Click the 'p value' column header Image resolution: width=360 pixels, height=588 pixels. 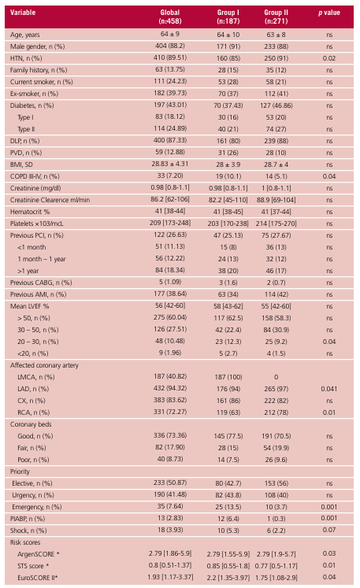tap(328, 13)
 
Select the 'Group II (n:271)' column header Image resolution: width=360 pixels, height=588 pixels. tap(276, 17)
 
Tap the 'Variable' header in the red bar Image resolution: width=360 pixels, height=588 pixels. tap(23, 13)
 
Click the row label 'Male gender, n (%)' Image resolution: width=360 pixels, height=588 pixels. tap(37, 46)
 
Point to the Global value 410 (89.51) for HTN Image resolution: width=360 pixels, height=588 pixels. tap(170, 57)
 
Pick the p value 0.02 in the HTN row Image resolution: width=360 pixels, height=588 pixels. tap(329, 58)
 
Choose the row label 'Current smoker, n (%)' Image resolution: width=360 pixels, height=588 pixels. tap(41, 82)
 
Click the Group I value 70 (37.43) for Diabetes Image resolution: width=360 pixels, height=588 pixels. tap(228, 105)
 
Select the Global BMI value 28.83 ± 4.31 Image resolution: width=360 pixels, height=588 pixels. tap(170, 164)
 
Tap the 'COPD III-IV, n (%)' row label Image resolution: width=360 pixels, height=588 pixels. tap(35, 176)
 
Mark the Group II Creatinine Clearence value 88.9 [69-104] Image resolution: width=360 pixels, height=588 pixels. tap(276, 200)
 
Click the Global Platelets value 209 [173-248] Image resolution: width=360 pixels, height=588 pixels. tap(170, 223)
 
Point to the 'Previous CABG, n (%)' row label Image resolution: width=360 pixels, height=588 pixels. tap(41, 283)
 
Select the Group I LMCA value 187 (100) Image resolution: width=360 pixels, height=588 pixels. tap(228, 377)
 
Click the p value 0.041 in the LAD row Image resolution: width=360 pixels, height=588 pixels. tap(329, 389)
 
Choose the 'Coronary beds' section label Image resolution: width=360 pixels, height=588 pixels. tap(31, 424)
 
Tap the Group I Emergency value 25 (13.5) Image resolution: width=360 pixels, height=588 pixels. tap(228, 507)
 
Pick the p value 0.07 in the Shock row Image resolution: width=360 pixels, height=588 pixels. tap(329, 530)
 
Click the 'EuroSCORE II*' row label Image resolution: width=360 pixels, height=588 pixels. tap(38, 578)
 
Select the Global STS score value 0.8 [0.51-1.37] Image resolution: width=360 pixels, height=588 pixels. tap(170, 565)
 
